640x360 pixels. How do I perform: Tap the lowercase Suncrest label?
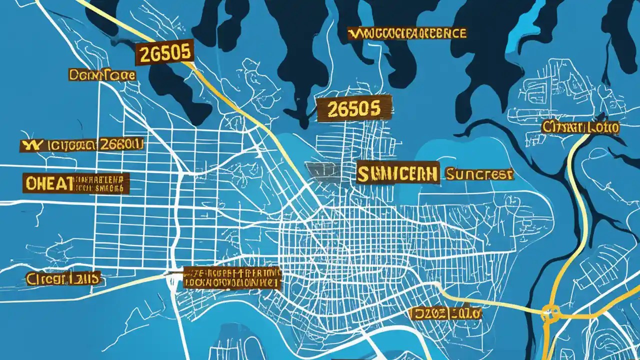tap(478, 174)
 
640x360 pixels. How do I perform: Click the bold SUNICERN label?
tap(398, 173)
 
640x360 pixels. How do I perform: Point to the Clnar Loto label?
tap(580, 127)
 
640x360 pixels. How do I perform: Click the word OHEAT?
tap(48, 183)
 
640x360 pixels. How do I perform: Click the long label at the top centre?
tap(406, 33)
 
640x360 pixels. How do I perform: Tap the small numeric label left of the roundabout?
tap(445, 313)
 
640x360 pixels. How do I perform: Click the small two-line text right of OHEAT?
tap(100, 183)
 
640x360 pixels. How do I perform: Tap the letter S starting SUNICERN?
tap(364, 173)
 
